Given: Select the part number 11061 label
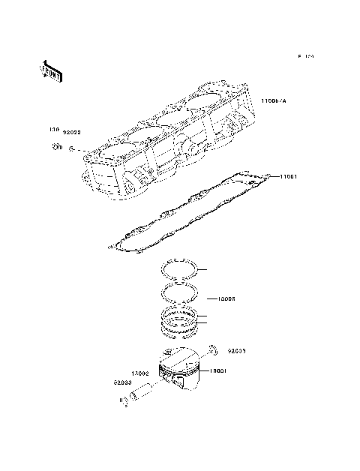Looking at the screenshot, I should (291, 177).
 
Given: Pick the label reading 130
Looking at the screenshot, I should (53, 129).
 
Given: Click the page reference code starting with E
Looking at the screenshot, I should (304, 56).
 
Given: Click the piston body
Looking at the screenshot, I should (183, 373).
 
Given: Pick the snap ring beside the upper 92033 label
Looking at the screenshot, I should (213, 349).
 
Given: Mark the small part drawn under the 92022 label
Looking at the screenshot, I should (70, 149).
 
